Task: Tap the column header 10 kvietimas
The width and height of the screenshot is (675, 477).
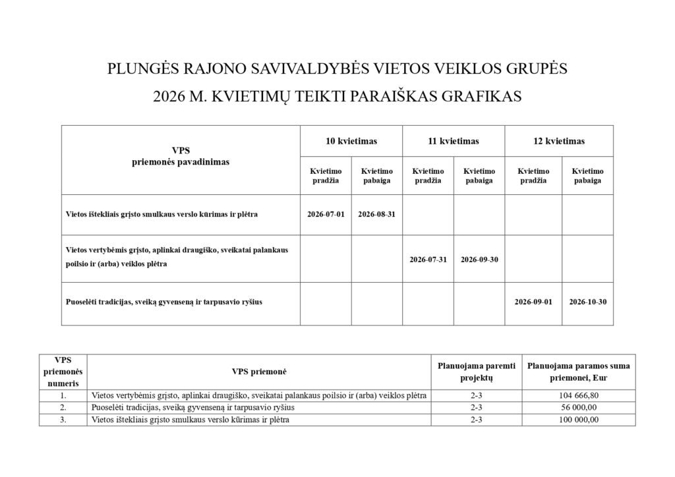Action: [351, 141]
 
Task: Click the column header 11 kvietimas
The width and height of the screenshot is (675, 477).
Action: [454, 141]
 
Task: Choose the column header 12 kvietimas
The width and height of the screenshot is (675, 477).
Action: [559, 141]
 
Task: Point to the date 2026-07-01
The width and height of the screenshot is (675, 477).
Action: [326, 214]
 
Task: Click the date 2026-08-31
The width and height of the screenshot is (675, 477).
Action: [376, 214]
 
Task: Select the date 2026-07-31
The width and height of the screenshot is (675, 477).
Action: [428, 260]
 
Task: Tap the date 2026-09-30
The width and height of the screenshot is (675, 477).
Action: [479, 260]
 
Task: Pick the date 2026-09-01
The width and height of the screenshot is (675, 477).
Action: [533, 302]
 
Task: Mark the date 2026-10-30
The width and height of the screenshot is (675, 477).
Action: [587, 302]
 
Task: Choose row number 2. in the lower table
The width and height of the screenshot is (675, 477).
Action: [63, 408]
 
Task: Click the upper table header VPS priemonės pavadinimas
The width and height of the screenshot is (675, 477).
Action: [181, 157]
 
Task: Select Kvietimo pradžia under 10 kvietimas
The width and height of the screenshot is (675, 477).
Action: [326, 176]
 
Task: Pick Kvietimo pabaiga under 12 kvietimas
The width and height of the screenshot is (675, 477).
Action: [587, 176]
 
